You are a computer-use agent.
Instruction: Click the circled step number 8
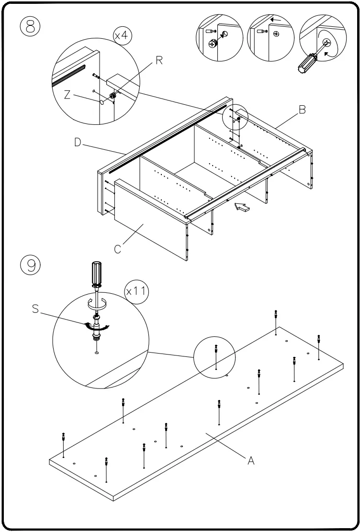coord(30,26)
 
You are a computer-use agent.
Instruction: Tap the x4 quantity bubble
coord(123,36)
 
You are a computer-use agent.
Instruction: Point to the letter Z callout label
coord(68,95)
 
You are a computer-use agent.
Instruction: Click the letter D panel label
coord(78,142)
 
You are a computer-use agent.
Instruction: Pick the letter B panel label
coord(302,110)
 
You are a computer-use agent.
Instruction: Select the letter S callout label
coord(35,309)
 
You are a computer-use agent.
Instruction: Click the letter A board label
coord(250,461)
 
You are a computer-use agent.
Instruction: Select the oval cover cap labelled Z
coord(103,102)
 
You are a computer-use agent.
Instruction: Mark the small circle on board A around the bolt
coord(214,357)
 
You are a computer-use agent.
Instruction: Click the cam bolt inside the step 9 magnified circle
coord(97,328)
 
